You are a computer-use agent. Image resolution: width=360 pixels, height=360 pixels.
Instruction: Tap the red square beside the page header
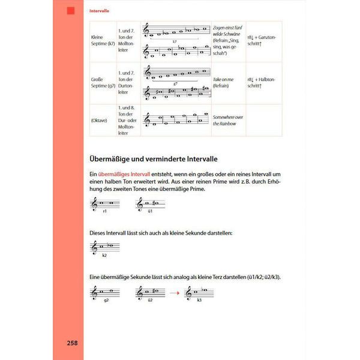click(71, 11)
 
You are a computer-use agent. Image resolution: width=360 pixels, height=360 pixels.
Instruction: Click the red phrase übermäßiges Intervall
click(125, 173)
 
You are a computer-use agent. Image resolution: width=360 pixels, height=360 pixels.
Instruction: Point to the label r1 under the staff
click(104, 211)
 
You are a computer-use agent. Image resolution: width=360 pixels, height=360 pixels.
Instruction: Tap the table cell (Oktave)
click(100, 120)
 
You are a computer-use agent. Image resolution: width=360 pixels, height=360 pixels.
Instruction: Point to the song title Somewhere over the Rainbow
click(228, 119)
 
